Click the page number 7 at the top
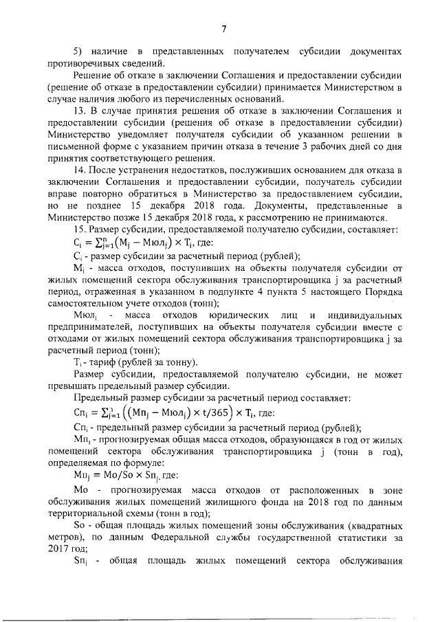(224, 28)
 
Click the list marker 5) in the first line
(78, 52)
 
